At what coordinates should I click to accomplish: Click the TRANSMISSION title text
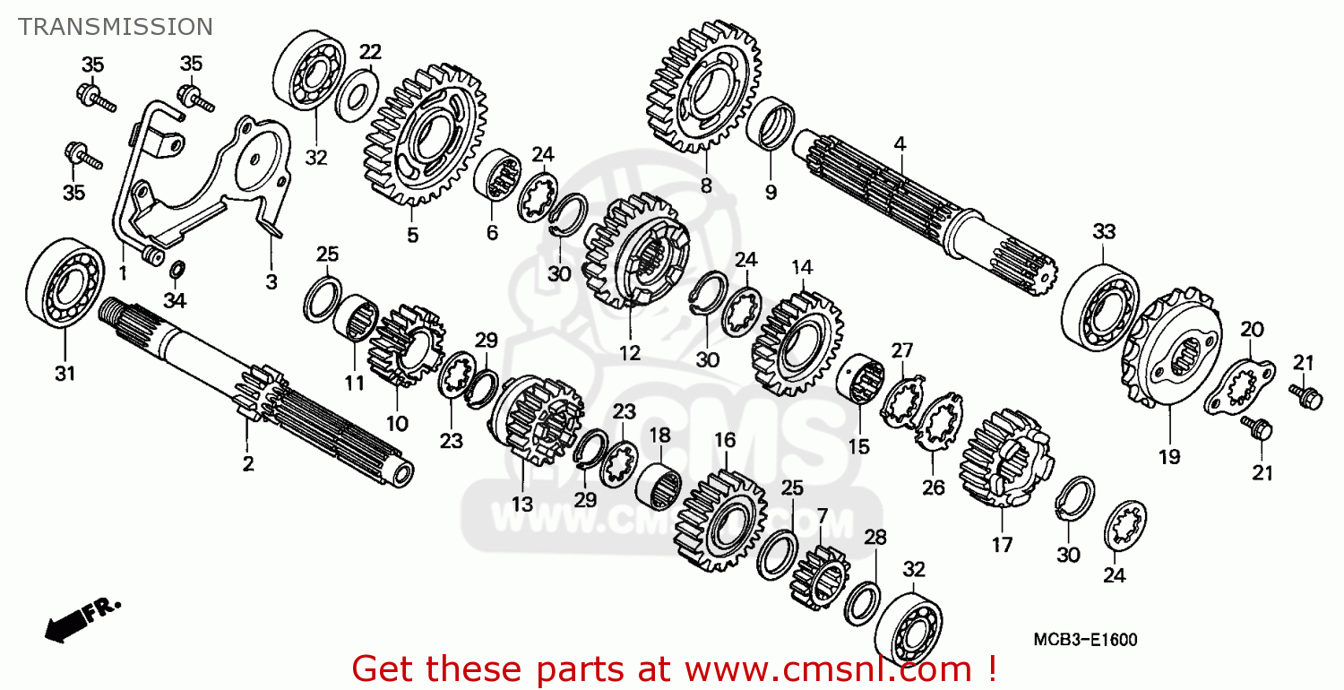pos(116,26)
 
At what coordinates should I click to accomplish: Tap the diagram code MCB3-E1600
pos(1085,640)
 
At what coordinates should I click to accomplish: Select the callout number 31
pos(65,373)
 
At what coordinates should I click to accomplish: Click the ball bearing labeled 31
pos(65,282)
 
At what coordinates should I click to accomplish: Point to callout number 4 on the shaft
pos(900,144)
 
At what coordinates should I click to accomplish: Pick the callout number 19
pos(1168,457)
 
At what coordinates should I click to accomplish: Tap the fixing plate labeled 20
pos(1239,386)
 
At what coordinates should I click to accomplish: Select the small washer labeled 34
pos(177,270)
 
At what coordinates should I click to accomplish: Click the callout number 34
pos(175,300)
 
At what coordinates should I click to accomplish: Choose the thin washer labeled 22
pos(357,95)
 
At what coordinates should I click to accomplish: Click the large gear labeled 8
pos(703,85)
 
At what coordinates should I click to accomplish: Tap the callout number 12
pos(629,353)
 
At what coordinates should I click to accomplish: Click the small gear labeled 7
pos(819,578)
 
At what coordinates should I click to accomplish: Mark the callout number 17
pos(1002,545)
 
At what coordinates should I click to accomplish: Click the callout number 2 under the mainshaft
pos(248,463)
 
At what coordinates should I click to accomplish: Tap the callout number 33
pos(1104,231)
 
